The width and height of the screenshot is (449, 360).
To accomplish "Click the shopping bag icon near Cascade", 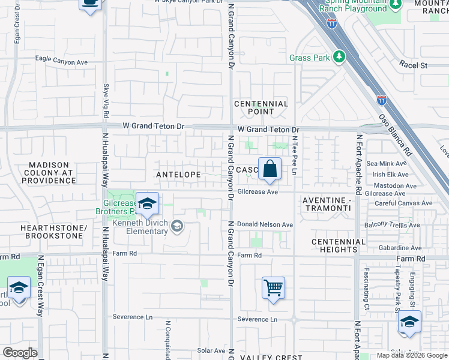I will pos(270,169).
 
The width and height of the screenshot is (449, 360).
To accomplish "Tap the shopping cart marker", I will pos(273,288).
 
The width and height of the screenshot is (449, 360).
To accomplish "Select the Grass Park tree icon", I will pos(340,57).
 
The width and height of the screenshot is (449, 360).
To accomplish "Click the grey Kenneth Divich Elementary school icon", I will pos(176,226).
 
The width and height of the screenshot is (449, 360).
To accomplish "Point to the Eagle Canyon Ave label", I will pos(61,62).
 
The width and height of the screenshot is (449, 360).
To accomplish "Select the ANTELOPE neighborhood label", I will pos(178,174).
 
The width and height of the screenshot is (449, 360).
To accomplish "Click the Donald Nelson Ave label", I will pos(265,224).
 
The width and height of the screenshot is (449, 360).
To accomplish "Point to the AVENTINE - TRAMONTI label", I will pos(325,203).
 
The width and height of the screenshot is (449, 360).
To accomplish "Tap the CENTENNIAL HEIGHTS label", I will pos(339,245).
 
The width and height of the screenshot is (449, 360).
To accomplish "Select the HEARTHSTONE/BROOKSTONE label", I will pos(53,232).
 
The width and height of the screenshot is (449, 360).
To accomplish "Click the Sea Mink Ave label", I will pos(387,163).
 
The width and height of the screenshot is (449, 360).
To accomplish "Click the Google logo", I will pos(20,353).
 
